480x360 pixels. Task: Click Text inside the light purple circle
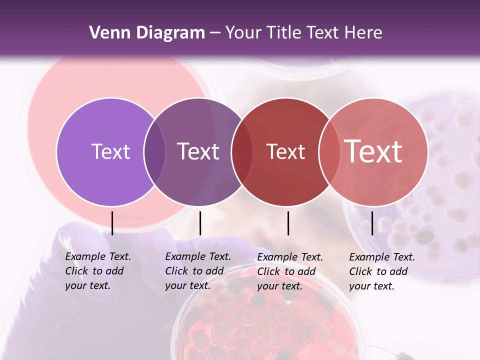(x=110, y=151)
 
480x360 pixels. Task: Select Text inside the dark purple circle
(x=198, y=151)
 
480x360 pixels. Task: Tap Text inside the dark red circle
(x=285, y=151)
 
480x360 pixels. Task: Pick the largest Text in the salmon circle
(x=373, y=151)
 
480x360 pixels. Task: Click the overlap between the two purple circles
(x=154, y=151)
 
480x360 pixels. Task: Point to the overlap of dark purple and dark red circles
(x=242, y=151)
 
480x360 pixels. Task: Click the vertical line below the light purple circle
(x=112, y=223)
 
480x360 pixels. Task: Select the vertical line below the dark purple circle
(x=200, y=223)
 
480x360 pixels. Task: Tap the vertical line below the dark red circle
(x=288, y=223)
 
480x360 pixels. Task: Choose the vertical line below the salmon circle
(x=372, y=223)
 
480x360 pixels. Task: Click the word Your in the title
(x=243, y=32)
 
